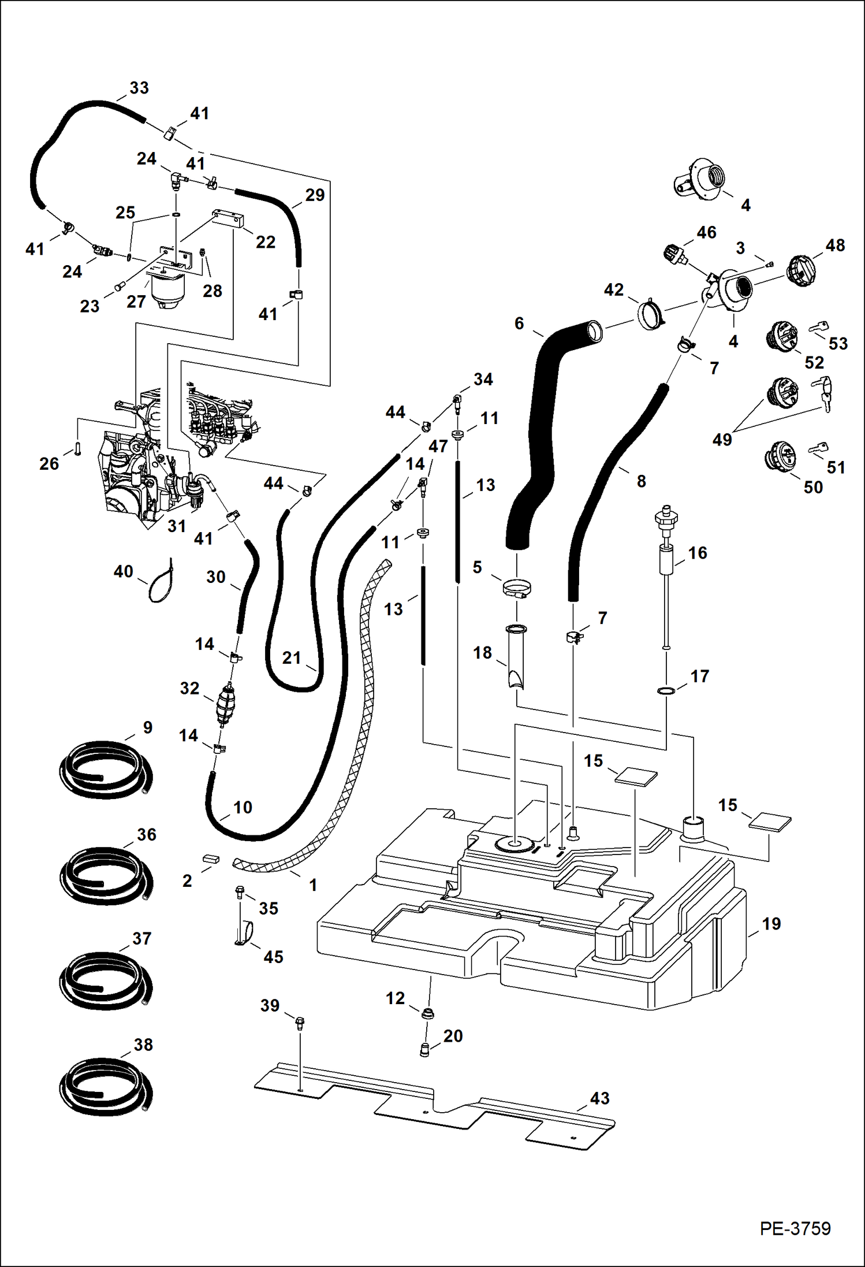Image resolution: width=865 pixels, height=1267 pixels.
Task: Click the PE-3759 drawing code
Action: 795,1228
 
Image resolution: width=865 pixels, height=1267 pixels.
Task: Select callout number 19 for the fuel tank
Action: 771,923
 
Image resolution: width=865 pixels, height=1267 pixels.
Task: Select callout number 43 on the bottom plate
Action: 599,1098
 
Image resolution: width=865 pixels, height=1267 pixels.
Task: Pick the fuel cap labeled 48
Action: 802,270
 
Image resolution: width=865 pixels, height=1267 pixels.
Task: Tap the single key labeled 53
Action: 819,328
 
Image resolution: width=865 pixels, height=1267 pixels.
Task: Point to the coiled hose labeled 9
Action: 107,770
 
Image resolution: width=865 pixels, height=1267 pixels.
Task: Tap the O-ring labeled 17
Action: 666,691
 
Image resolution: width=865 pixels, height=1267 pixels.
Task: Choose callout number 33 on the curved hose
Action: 139,88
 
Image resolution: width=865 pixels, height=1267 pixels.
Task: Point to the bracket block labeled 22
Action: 229,220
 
